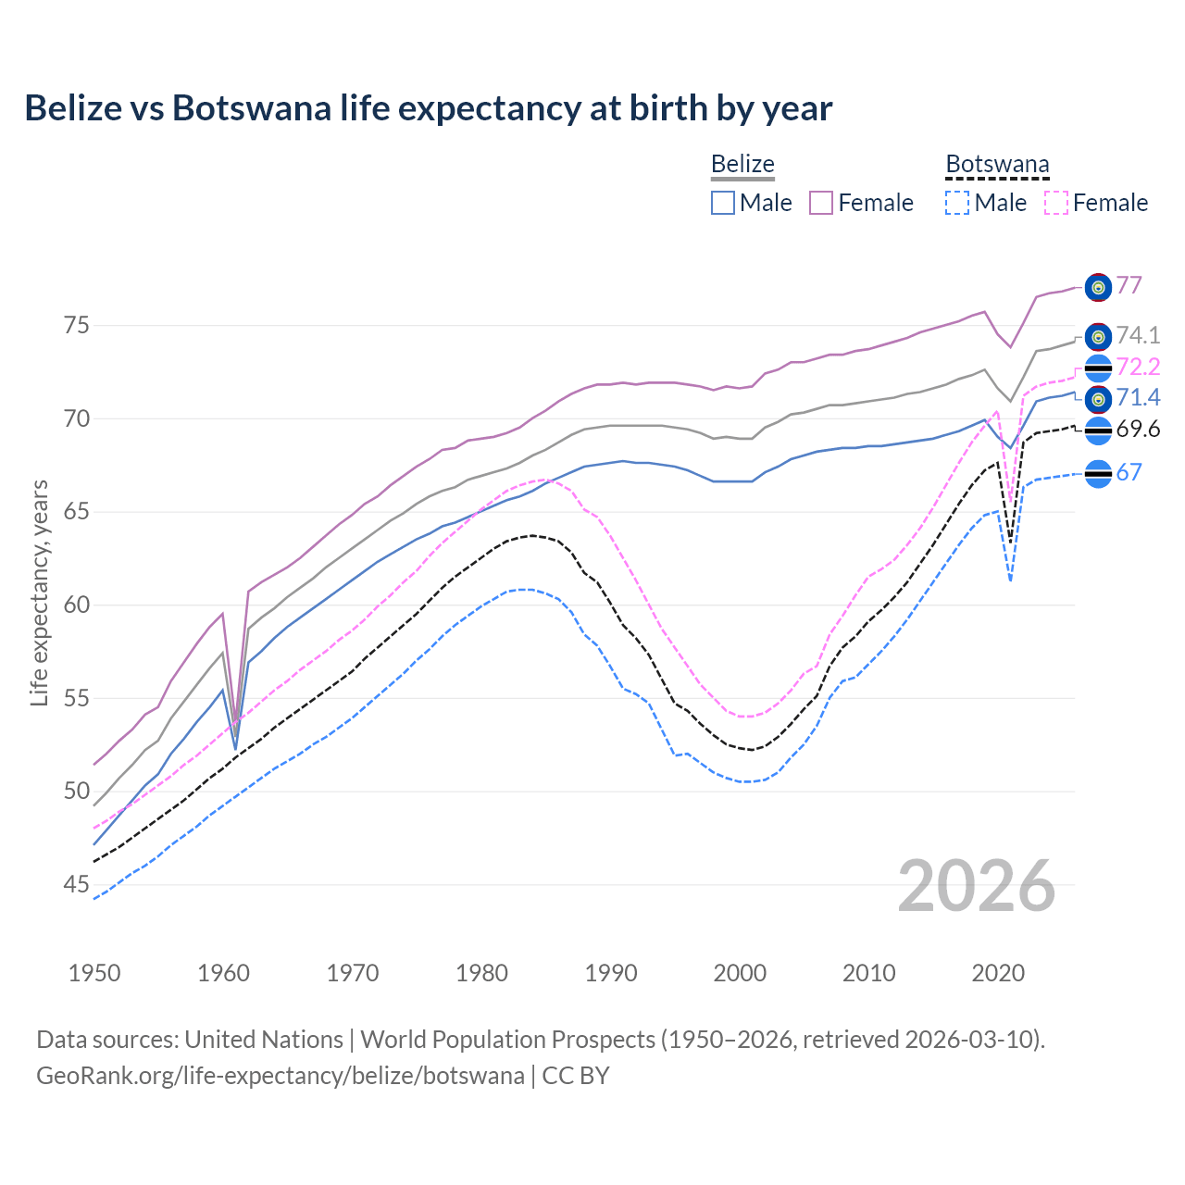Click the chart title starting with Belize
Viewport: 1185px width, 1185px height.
point(429,108)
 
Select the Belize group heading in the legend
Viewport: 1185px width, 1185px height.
point(742,164)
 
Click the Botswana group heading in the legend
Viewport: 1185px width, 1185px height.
point(997,164)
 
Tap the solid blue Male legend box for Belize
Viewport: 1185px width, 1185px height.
point(723,203)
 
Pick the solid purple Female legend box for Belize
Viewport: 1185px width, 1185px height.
point(821,203)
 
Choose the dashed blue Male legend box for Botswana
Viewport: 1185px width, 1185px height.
point(957,203)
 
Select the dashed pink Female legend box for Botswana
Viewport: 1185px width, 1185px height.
point(1056,203)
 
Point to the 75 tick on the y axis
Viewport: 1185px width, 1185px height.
point(76,326)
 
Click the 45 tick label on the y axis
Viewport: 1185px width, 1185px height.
point(76,885)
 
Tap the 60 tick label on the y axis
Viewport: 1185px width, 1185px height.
point(76,605)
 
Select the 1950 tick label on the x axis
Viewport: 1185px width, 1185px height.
point(94,973)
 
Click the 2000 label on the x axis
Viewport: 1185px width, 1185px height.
point(740,973)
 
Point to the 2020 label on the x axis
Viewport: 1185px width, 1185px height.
point(998,973)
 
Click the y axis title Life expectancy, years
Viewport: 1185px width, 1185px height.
point(39,592)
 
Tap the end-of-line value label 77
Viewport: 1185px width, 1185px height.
point(1129,285)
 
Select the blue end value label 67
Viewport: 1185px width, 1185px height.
point(1129,472)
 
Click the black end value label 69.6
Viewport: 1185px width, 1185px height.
point(1138,429)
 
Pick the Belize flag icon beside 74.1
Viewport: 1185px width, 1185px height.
point(1098,336)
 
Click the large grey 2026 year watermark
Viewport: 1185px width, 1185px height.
point(976,886)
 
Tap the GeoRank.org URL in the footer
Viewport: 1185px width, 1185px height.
point(281,1076)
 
